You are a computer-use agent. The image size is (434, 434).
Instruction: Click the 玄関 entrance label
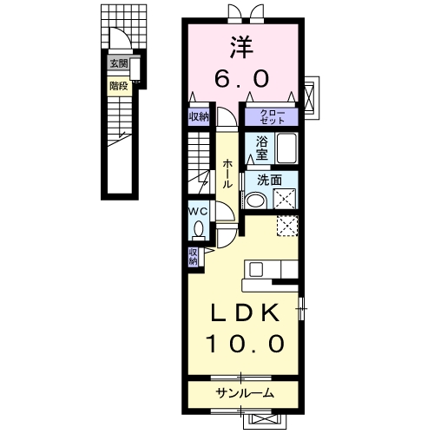(119, 63)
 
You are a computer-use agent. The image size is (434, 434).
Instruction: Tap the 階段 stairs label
(119, 86)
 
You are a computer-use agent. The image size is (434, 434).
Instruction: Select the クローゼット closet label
(272, 117)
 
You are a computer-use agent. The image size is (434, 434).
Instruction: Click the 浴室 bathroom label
(261, 148)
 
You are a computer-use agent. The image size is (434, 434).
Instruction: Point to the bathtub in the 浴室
(286, 148)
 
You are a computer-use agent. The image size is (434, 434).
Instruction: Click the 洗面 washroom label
(269, 181)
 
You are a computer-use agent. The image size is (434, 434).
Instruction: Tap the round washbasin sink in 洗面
(255, 201)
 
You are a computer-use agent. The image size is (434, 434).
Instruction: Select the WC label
(198, 212)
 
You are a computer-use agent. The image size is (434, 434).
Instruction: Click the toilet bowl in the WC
(198, 228)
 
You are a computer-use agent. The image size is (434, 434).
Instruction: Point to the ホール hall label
(227, 174)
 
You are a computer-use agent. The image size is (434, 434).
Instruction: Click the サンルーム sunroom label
(245, 393)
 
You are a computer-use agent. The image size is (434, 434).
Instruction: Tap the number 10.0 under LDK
(246, 344)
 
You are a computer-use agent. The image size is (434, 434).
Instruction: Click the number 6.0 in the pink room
(242, 78)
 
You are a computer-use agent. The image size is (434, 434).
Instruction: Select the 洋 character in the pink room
(242, 48)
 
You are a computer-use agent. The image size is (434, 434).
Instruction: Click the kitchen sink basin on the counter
(256, 270)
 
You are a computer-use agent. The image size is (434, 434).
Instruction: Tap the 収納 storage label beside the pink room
(199, 117)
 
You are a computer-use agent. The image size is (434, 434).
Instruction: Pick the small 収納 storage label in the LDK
(193, 257)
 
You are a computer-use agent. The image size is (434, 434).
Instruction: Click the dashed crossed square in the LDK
(287, 226)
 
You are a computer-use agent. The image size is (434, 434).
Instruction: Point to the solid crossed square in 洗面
(285, 199)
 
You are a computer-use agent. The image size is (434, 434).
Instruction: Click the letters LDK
(246, 312)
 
